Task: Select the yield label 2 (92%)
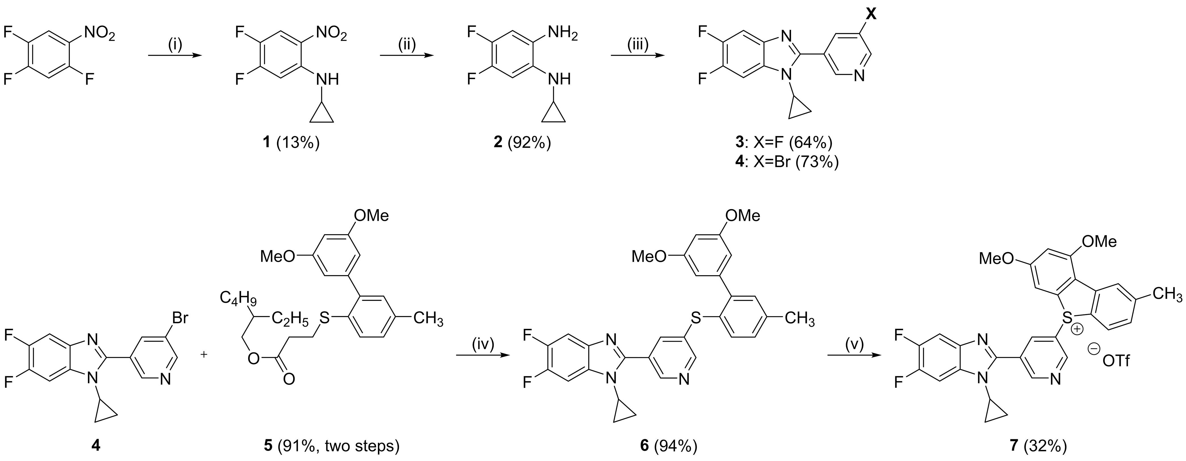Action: click(522, 143)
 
